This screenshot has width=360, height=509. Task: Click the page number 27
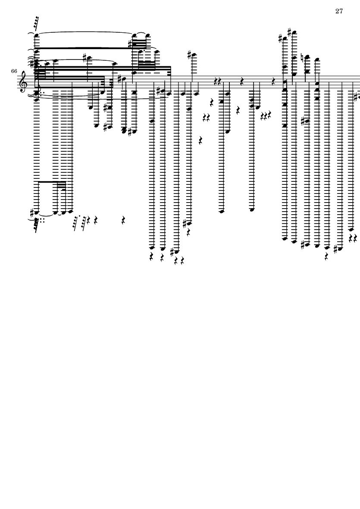[x=339, y=11]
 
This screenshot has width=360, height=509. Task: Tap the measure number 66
[x=14, y=71]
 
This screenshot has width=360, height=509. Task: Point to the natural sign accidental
[x=302, y=58]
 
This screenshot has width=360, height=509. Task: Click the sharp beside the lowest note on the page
[x=172, y=252]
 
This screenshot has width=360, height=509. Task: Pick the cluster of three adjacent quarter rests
[x=265, y=116]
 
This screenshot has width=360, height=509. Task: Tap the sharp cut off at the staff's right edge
[x=357, y=96]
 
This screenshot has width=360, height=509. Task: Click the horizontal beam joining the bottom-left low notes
[x=52, y=182]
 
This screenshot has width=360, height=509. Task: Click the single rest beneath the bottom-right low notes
[x=326, y=256]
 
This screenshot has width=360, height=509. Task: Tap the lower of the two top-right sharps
[x=281, y=39]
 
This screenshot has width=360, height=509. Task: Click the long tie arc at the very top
[x=85, y=33]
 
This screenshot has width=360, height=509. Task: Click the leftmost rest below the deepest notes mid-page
[x=151, y=257]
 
